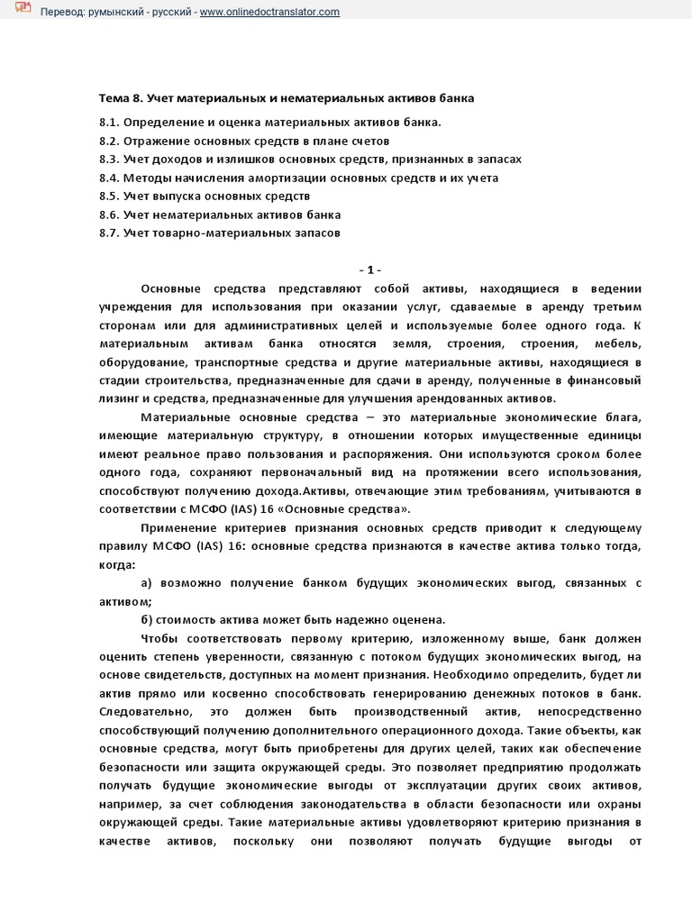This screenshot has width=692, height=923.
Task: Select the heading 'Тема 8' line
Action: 286,96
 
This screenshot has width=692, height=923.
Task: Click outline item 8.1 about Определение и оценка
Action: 270,122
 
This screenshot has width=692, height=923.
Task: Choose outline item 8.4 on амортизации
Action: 298,178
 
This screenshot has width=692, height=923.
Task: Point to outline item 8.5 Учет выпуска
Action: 205,196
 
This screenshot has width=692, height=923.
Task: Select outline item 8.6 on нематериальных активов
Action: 220,215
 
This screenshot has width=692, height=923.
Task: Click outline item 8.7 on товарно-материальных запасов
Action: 220,233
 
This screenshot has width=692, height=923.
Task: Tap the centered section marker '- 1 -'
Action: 370,270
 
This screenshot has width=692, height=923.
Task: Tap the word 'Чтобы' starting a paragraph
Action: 159,639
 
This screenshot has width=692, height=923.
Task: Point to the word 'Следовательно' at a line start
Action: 143,713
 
